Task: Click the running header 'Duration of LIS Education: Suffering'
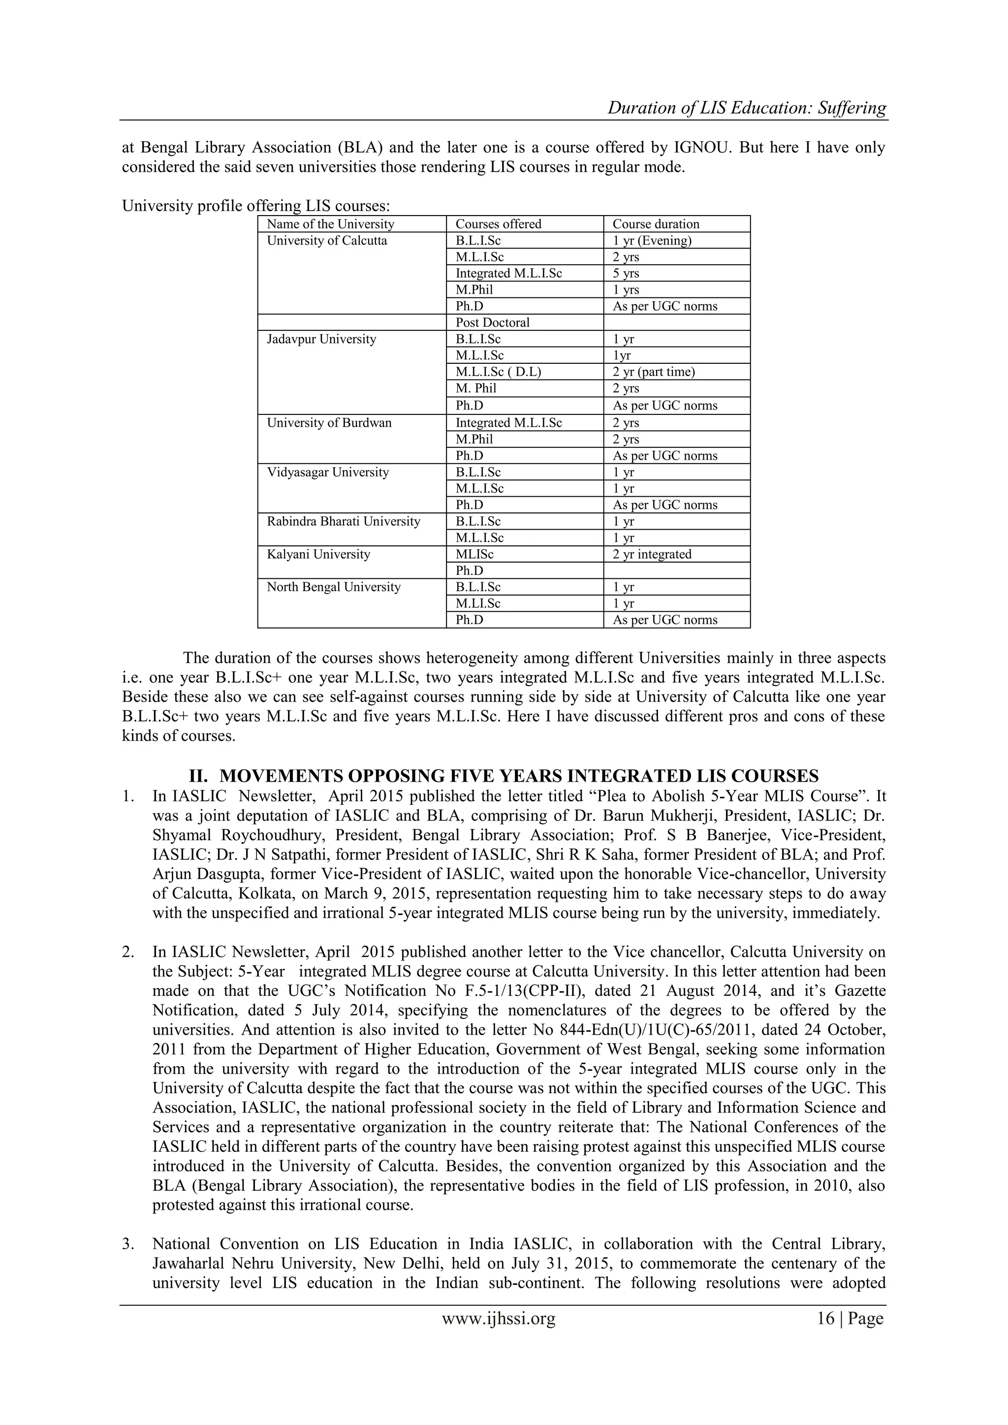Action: (x=746, y=108)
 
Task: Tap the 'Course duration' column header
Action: (x=656, y=224)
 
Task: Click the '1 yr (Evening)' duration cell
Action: (x=652, y=241)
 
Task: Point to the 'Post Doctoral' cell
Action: (x=492, y=323)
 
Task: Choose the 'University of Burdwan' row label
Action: (x=329, y=423)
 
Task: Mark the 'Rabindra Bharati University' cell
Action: (x=343, y=521)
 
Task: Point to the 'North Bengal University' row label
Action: (x=333, y=587)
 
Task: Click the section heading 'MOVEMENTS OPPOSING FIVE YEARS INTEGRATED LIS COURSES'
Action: (x=518, y=776)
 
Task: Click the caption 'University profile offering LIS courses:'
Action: (x=256, y=205)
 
